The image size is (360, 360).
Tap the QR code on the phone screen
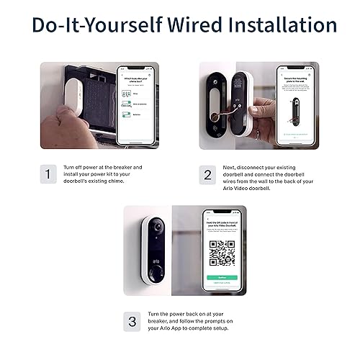tap(222, 253)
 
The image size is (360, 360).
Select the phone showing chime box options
tap(137, 104)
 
